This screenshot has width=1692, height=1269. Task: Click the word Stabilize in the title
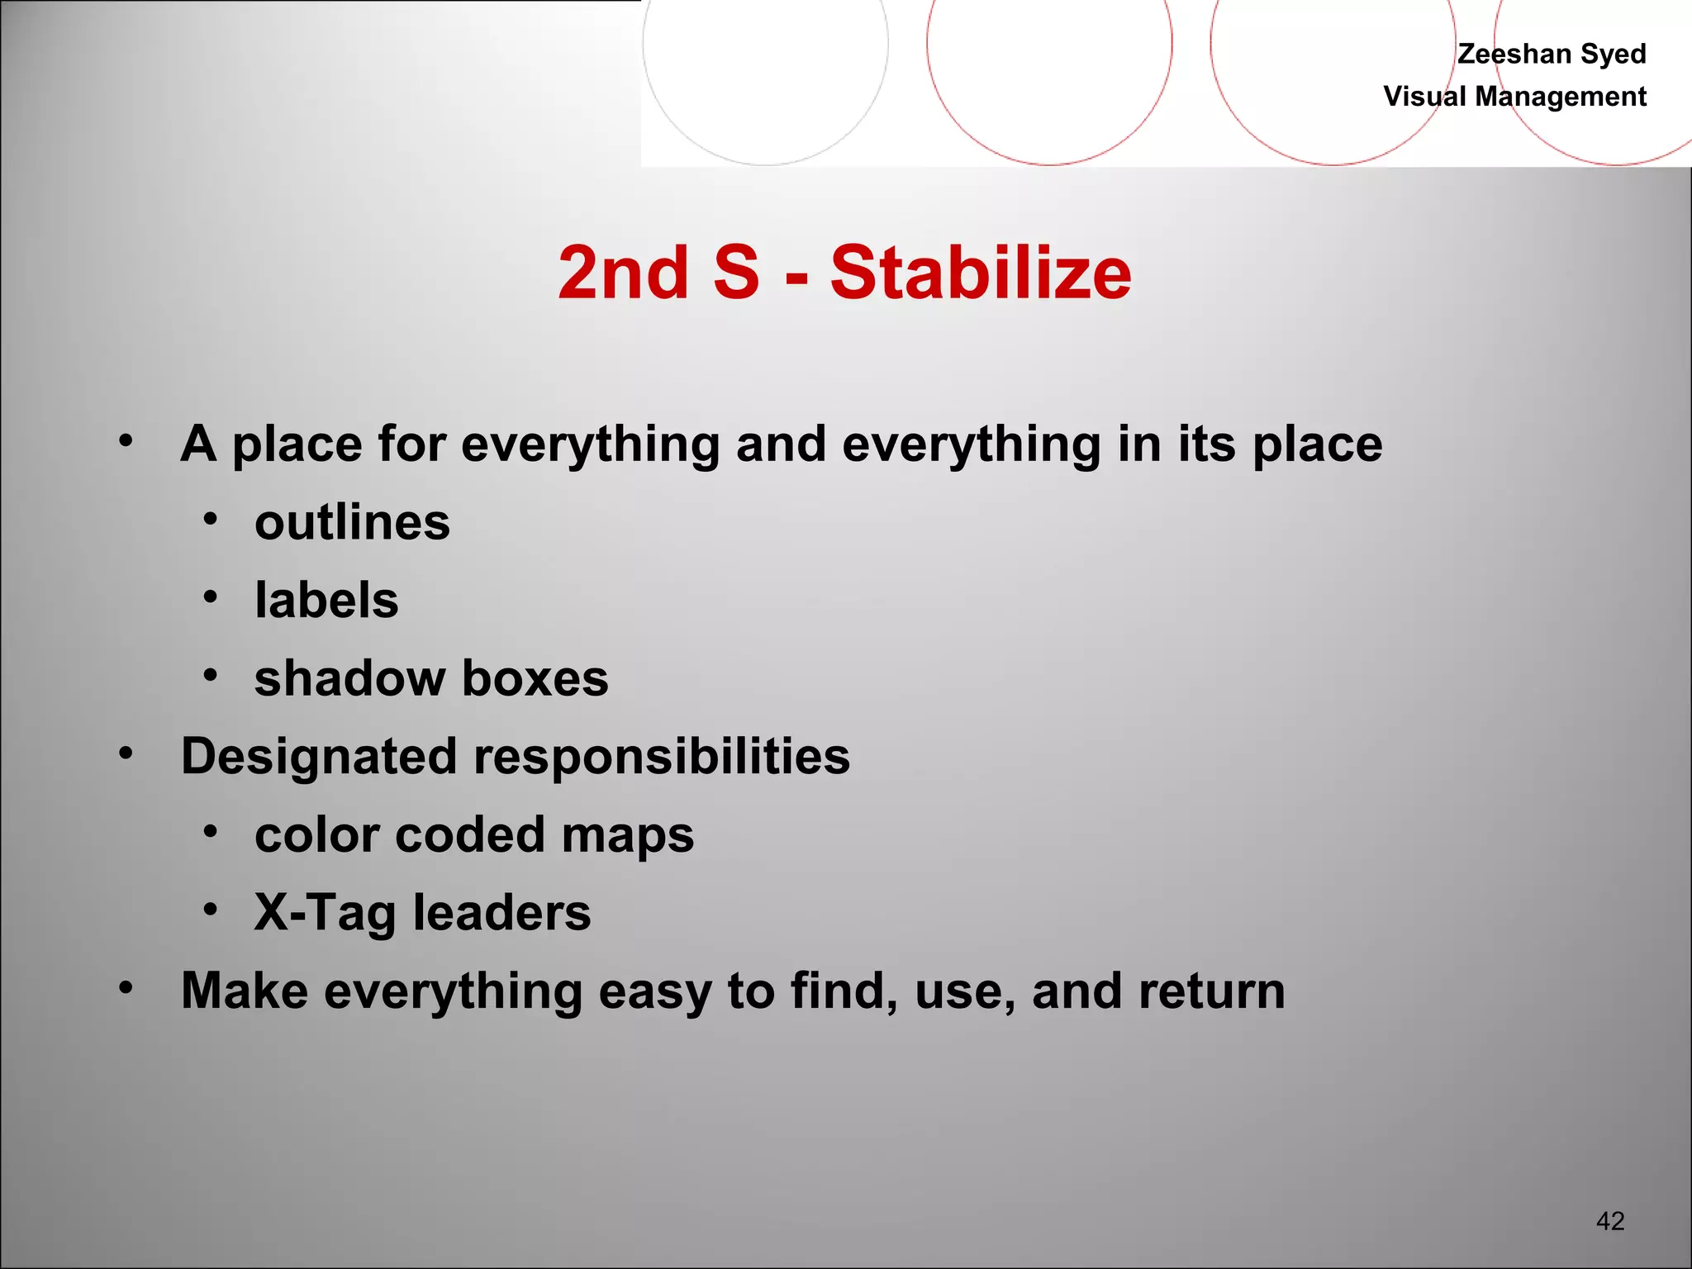tap(980, 273)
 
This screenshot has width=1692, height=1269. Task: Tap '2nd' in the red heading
tap(624, 273)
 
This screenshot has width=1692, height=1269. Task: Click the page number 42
tap(1609, 1221)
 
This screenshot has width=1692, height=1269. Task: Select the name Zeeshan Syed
tap(1551, 54)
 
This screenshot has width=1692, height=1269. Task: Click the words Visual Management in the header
tap(1514, 97)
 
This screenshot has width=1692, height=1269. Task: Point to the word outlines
tap(352, 522)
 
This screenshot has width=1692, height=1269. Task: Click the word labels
tap(326, 600)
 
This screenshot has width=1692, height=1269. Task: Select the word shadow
tap(349, 678)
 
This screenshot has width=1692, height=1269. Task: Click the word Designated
tap(319, 756)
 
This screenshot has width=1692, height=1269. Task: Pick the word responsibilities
tap(661, 756)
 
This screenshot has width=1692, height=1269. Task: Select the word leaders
tap(501, 912)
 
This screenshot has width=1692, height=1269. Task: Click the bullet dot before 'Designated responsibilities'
tap(126, 753)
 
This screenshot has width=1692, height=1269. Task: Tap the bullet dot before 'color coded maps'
tap(211, 830)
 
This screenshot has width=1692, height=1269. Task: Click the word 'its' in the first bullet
tap(1205, 444)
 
